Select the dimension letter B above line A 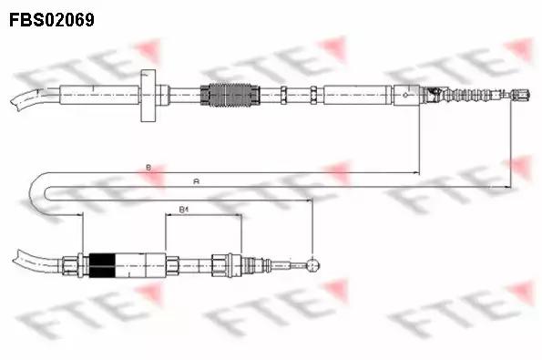tap(148, 167)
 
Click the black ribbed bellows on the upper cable tap(229, 94)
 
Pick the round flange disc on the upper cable tap(148, 96)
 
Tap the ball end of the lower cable tap(314, 265)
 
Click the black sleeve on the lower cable tap(102, 264)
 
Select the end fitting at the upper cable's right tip tap(522, 93)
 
